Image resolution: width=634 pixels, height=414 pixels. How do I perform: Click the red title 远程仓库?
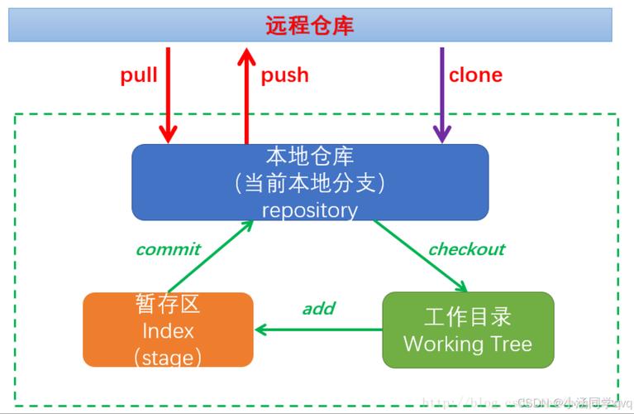pyautogui.click(x=309, y=25)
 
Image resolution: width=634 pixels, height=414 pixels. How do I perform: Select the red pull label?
pyautogui.click(x=139, y=75)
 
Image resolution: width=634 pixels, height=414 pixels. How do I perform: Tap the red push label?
pyautogui.click(x=284, y=75)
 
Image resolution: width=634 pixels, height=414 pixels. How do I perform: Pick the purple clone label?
pyautogui.click(x=475, y=75)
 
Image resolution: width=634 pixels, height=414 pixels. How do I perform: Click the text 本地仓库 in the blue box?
pyautogui.click(x=309, y=156)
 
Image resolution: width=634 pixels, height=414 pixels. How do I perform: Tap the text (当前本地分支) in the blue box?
pyautogui.click(x=309, y=182)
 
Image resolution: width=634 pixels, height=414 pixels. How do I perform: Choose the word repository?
pyautogui.click(x=309, y=210)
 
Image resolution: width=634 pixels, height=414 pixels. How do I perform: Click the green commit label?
pyautogui.click(x=168, y=249)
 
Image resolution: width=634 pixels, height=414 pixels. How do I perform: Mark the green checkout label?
pyautogui.click(x=466, y=249)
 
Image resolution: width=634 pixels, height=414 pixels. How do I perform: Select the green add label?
pyautogui.click(x=318, y=309)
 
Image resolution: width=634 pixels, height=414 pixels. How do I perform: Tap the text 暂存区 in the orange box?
pyautogui.click(x=168, y=304)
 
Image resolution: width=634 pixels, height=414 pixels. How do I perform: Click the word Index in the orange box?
pyautogui.click(x=168, y=331)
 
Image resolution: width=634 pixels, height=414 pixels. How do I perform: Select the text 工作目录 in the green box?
pyautogui.click(x=468, y=316)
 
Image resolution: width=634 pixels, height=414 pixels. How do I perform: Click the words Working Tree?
pyautogui.click(x=468, y=344)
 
